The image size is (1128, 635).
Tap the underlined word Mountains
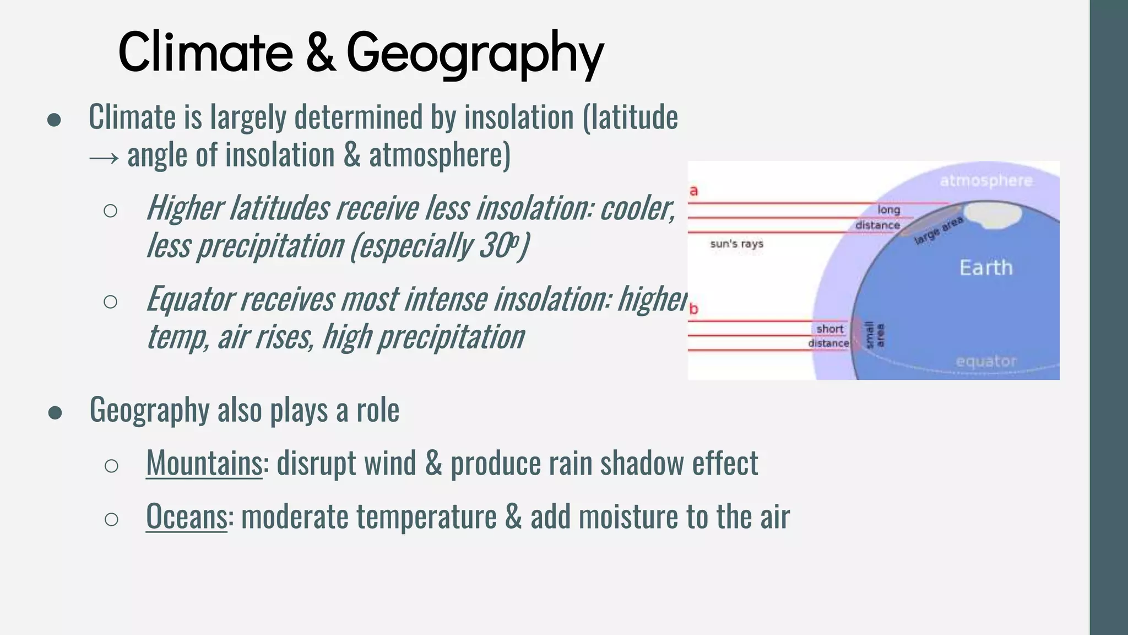click(204, 463)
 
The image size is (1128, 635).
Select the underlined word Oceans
click(186, 516)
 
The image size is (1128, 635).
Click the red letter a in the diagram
click(694, 191)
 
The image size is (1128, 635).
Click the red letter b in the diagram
click(694, 309)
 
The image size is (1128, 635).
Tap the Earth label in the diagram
click(986, 268)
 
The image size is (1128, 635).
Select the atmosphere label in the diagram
click(986, 181)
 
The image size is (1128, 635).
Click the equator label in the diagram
click(986, 362)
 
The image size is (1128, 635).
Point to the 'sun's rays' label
click(736, 244)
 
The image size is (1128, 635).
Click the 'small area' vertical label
click(875, 335)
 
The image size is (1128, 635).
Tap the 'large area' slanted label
click(939, 230)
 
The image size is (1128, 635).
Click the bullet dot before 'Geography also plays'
click(55, 412)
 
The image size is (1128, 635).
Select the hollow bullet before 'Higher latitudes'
click(110, 211)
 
